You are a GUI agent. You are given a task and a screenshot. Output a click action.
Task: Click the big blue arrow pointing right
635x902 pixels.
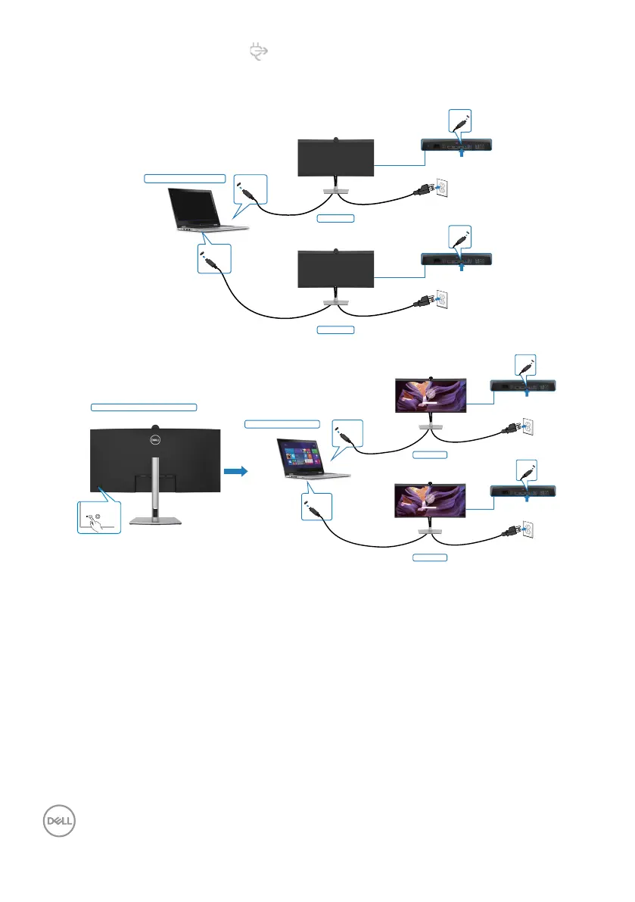[x=236, y=470]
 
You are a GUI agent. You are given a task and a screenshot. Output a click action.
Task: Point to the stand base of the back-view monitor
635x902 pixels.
[x=156, y=520]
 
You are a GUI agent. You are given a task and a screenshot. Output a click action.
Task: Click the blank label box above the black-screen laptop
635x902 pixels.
[x=185, y=178]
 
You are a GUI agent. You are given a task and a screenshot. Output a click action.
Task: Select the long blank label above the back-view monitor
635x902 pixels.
[x=144, y=407]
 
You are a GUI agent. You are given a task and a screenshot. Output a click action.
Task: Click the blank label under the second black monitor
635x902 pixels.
[x=335, y=330]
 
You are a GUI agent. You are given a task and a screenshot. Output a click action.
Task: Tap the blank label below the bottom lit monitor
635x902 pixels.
[x=429, y=558]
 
